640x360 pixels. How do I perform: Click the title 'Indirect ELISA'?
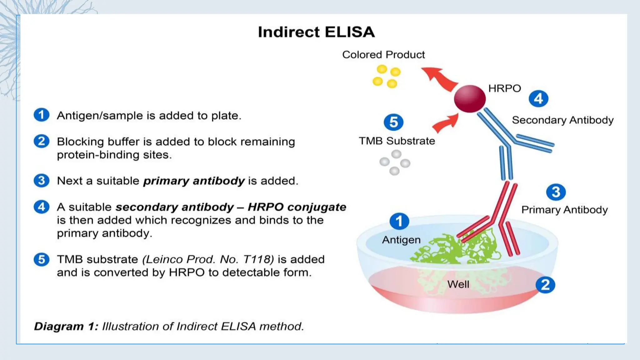click(x=316, y=32)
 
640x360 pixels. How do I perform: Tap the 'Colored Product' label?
click(x=383, y=55)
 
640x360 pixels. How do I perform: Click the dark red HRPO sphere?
click(x=469, y=99)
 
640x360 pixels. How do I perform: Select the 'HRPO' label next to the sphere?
click(x=504, y=88)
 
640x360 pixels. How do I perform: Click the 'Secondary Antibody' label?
click(x=562, y=120)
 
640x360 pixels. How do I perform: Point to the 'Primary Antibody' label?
click(x=564, y=210)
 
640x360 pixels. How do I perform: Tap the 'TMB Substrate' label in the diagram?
click(x=397, y=141)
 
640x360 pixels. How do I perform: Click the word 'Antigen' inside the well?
click(x=401, y=240)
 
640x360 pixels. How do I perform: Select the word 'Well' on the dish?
click(x=458, y=284)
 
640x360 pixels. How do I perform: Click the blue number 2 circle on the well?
click(x=545, y=285)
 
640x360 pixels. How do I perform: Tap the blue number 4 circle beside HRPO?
click(x=538, y=99)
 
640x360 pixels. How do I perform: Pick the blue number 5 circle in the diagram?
click(x=393, y=122)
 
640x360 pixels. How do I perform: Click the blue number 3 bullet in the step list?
click(x=42, y=181)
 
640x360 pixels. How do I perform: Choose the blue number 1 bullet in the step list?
click(x=42, y=115)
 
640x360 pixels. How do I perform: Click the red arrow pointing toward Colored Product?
click(x=439, y=78)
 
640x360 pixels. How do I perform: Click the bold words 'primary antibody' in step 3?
click(x=194, y=181)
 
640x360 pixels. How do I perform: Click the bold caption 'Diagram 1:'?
click(x=66, y=326)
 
